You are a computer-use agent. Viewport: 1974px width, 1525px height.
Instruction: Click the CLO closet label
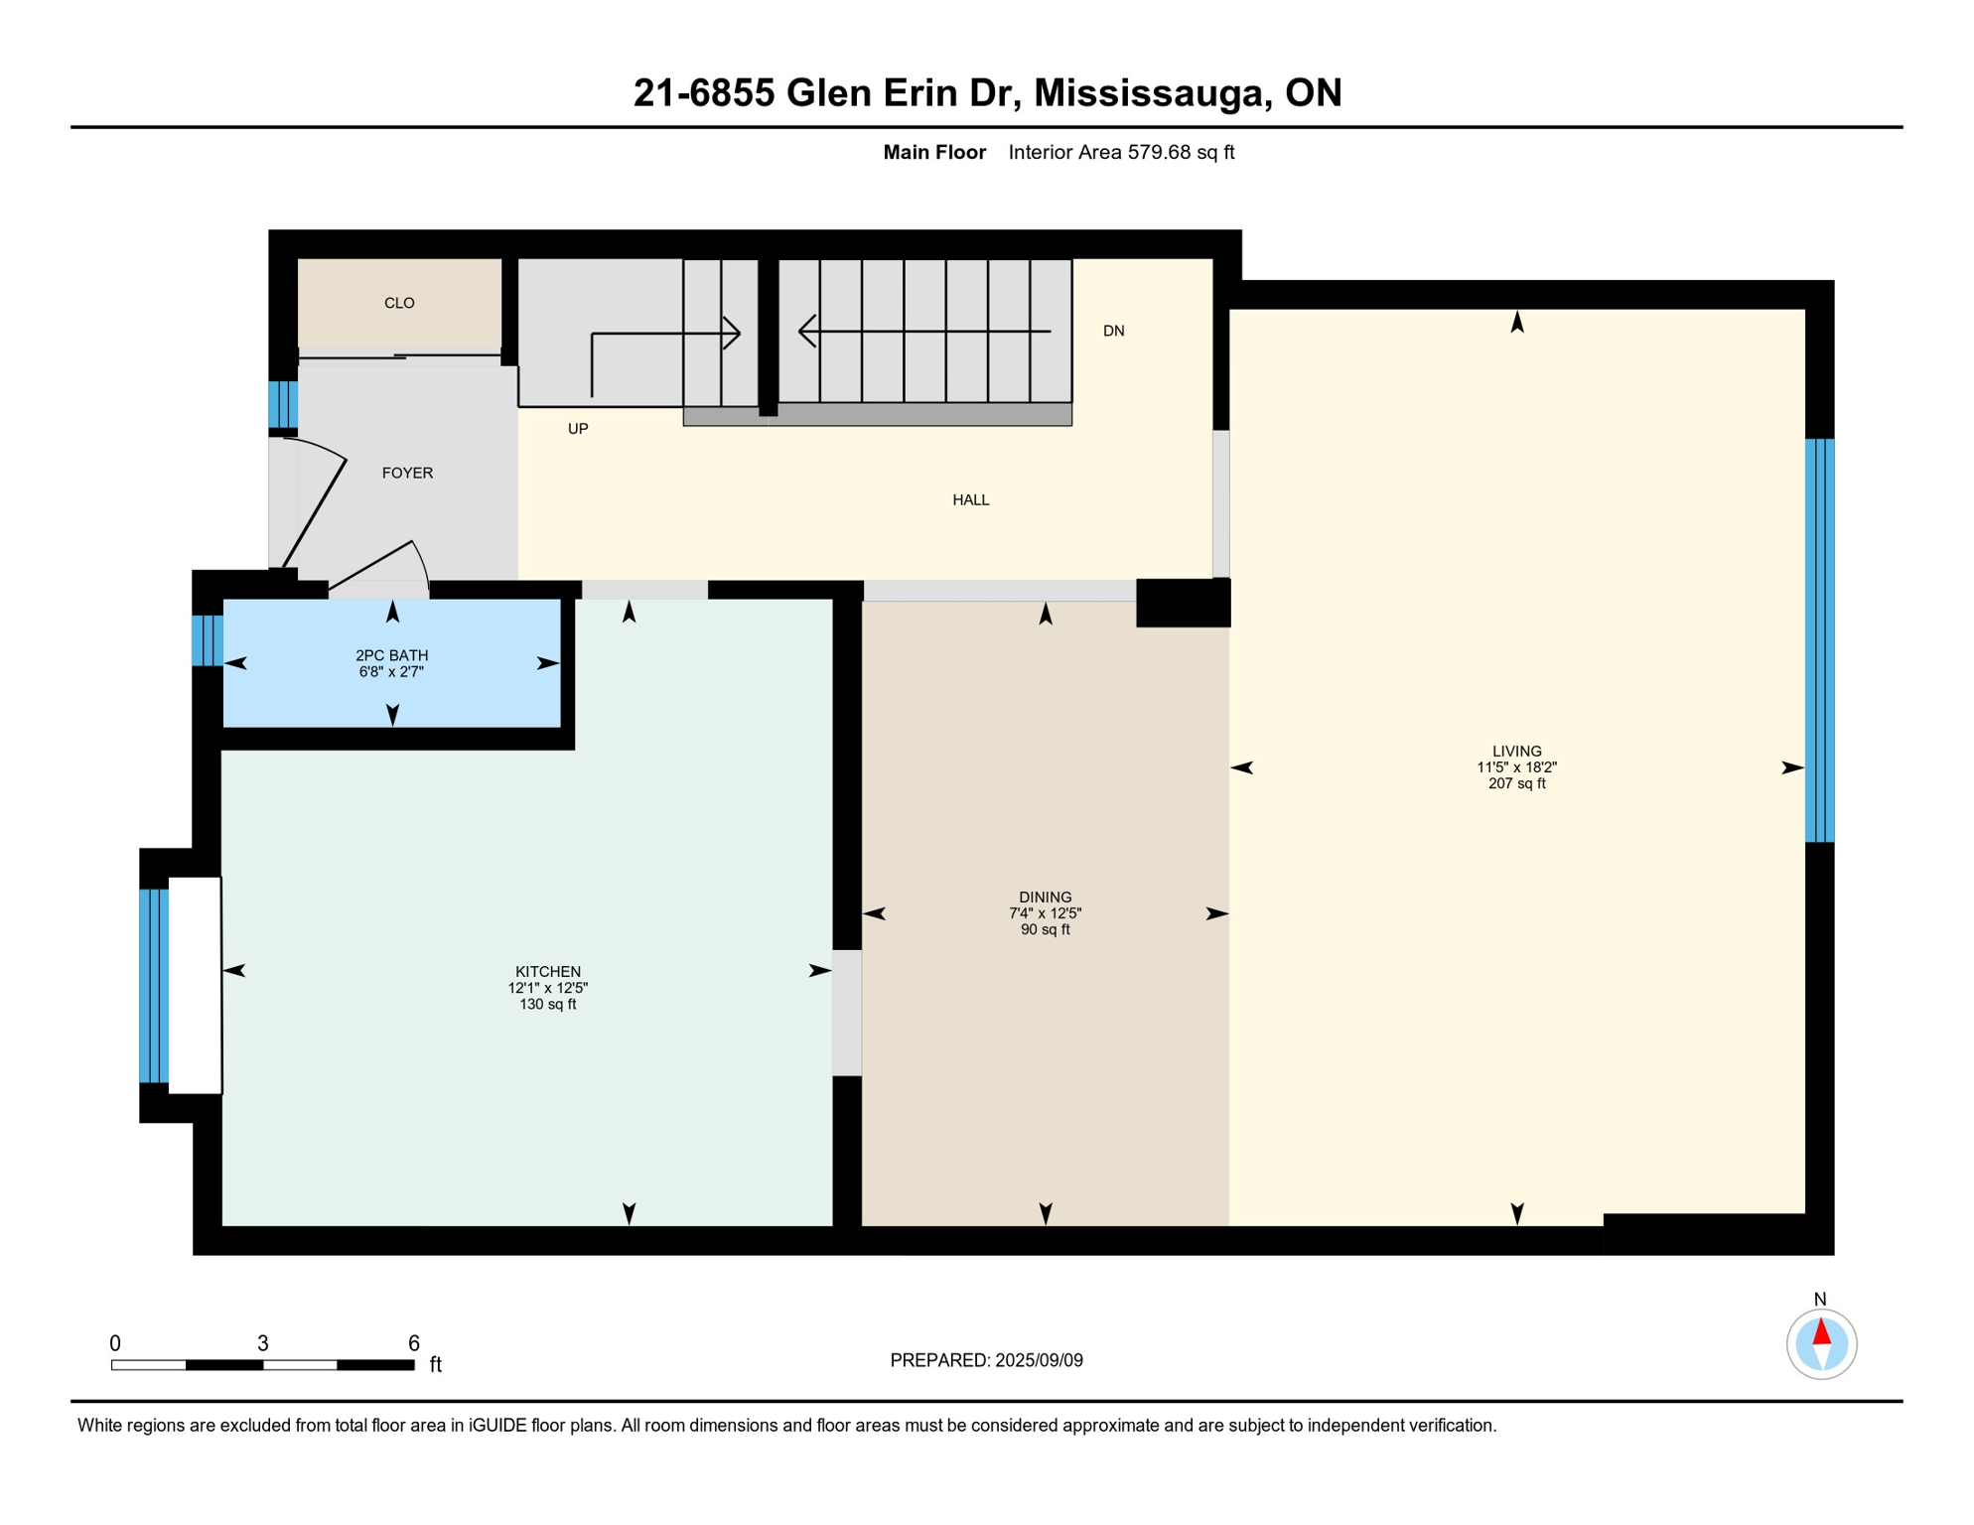click(399, 303)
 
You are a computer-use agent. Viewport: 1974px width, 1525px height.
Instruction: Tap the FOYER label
click(407, 474)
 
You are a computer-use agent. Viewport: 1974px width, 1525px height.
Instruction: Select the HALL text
click(970, 500)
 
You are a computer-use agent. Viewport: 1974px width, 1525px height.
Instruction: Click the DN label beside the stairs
click(1113, 332)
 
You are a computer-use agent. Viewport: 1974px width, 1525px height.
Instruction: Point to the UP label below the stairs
click(578, 429)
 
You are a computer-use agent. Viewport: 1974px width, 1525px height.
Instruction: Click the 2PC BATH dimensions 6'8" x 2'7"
click(391, 672)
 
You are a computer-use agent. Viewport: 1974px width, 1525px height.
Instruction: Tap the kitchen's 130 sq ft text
click(547, 1005)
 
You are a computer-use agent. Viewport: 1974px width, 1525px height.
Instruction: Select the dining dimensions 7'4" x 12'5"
click(1045, 913)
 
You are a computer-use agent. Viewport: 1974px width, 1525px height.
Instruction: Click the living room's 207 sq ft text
click(1516, 784)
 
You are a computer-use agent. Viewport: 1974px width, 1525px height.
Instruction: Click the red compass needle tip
click(1821, 1328)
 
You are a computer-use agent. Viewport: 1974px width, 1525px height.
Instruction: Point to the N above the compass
click(1819, 1300)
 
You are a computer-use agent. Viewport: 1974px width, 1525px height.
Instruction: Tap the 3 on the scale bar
click(262, 1343)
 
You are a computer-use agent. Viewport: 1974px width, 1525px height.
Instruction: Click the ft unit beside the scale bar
click(435, 1365)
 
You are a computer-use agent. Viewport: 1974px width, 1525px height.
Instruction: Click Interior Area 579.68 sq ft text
click(1121, 153)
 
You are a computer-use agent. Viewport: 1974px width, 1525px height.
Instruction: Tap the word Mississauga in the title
click(1151, 93)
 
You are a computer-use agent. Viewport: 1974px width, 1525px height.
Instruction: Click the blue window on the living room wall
click(1818, 640)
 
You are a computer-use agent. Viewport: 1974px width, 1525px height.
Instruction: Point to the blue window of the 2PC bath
click(207, 640)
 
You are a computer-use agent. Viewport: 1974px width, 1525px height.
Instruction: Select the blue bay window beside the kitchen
click(153, 986)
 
